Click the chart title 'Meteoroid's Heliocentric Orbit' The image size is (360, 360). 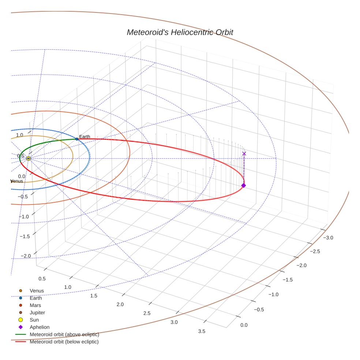[180, 32]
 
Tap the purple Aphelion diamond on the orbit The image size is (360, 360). [244, 185]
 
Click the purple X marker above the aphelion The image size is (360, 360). [244, 154]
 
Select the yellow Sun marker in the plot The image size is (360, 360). [29, 158]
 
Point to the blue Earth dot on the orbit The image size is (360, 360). [77, 139]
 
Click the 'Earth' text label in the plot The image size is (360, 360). [85, 137]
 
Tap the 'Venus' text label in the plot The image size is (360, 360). [17, 181]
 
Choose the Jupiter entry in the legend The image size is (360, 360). [37, 312]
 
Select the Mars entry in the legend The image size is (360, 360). [35, 305]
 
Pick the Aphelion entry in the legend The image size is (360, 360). [40, 327]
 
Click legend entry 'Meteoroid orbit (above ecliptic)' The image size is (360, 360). [64, 334]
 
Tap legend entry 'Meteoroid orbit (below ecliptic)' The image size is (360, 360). [64, 342]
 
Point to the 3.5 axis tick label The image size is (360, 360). [201, 331]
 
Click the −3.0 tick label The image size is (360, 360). [328, 237]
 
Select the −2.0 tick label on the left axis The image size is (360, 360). [25, 255]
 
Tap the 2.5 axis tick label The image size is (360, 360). [147, 313]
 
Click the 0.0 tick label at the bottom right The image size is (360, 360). [244, 325]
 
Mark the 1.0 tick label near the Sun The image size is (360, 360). [19, 135]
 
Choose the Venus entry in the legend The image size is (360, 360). [37, 290]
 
